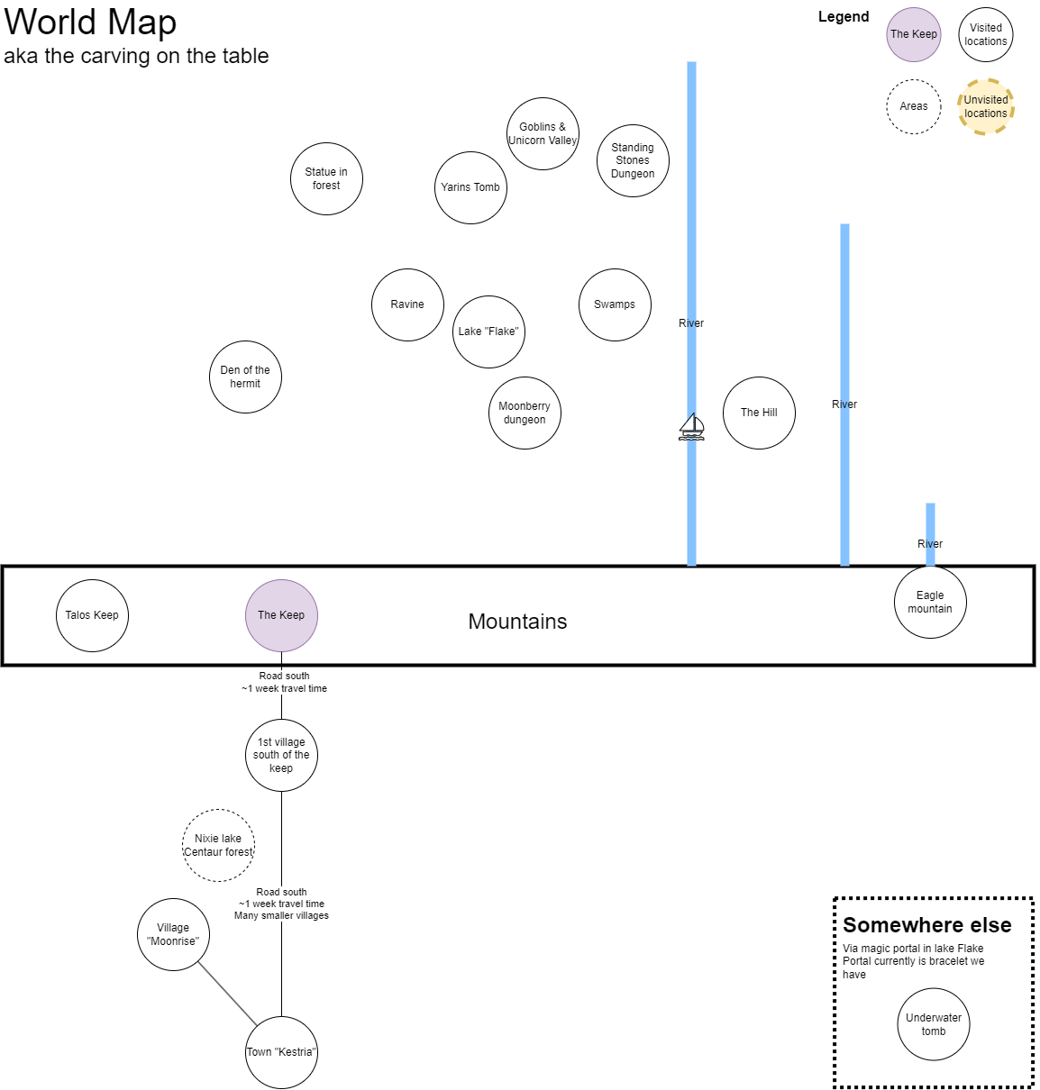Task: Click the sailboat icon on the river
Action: [x=691, y=427]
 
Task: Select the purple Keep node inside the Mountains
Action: [x=282, y=615]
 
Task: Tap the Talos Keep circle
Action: [x=92, y=615]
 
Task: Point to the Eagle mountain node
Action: [x=930, y=602]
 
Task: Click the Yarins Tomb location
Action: [x=471, y=188]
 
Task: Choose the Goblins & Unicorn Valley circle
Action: [x=543, y=133]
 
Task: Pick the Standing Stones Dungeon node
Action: [x=633, y=160]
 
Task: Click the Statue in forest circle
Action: [x=327, y=178]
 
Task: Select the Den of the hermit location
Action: [x=246, y=377]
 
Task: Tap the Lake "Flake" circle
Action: [x=488, y=332]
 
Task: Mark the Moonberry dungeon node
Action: [x=525, y=413]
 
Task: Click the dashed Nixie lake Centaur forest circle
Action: [x=218, y=845]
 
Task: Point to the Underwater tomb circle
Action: [x=934, y=1024]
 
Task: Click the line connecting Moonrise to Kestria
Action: [x=227, y=994]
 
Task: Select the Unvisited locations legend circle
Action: [x=986, y=106]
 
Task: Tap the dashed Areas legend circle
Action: [x=914, y=106]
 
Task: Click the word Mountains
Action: [x=517, y=622]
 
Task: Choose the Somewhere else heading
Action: [x=926, y=925]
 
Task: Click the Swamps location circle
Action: [x=615, y=305]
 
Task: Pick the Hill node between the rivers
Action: [x=759, y=413]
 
